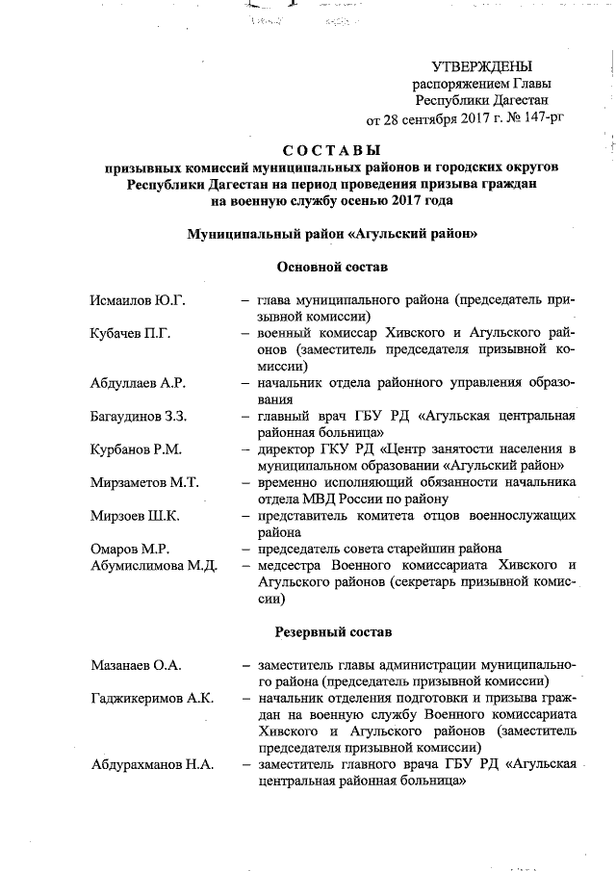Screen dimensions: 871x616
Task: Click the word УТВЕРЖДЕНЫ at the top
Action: coord(481,66)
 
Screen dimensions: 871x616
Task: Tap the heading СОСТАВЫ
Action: coord(332,149)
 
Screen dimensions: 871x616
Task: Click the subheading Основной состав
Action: coord(332,266)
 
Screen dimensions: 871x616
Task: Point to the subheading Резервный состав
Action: coord(332,632)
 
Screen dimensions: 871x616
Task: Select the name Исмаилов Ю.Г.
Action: coord(134,301)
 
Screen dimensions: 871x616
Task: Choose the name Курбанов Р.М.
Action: coord(134,448)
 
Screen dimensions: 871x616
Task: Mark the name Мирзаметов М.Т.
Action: coord(143,482)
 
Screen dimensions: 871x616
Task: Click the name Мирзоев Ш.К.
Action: coord(133,516)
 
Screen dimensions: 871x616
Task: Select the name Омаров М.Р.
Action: coord(128,549)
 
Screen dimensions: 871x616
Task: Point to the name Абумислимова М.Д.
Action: coord(153,565)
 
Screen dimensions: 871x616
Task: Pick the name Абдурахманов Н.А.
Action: coord(153,764)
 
